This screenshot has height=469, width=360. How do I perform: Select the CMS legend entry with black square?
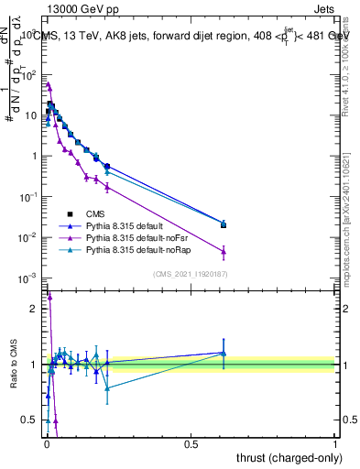pyautogui.click(x=90, y=213)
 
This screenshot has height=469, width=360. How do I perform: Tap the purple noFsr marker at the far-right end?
pyautogui.click(x=224, y=251)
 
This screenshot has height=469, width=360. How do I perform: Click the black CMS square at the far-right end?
pyautogui.click(x=224, y=224)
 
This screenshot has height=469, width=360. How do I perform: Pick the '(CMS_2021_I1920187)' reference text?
pyautogui.click(x=190, y=273)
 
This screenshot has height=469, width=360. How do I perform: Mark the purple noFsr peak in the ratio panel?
pyautogui.click(x=49, y=296)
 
